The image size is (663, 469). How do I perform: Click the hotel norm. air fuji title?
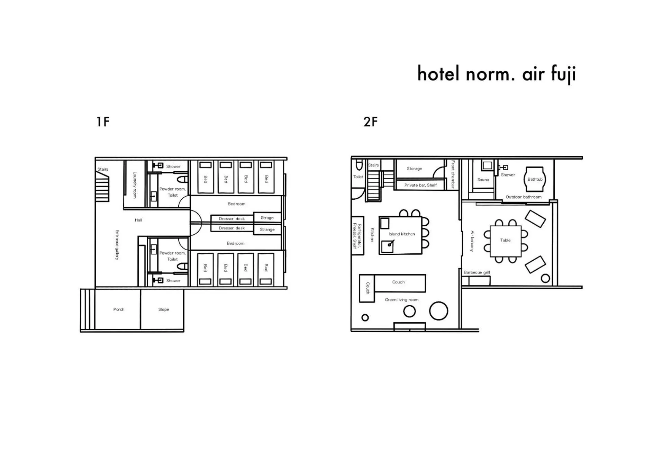click(496, 74)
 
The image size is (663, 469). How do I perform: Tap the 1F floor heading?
click(103, 122)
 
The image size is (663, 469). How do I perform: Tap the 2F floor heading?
click(370, 122)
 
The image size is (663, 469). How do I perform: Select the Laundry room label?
click(135, 185)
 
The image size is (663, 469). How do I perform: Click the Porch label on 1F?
click(119, 309)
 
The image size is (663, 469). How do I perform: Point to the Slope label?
click(163, 309)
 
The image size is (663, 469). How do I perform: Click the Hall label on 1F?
click(138, 220)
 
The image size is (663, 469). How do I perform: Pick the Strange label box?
click(267, 229)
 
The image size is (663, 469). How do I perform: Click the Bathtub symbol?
click(535, 179)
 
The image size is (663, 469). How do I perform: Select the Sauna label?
click(483, 180)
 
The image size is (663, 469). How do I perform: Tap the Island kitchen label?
click(401, 234)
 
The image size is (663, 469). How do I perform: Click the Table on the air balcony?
click(505, 241)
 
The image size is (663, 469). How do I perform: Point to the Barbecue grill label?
click(476, 272)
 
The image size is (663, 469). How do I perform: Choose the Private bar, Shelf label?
click(420, 185)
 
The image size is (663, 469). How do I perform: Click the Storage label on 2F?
click(414, 169)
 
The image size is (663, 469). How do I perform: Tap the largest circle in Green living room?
click(438, 311)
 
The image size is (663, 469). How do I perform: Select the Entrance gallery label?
click(117, 244)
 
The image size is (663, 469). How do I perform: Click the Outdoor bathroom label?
click(523, 197)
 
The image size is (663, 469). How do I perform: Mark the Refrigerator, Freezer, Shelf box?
click(357, 235)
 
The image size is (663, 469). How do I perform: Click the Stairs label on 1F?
click(102, 169)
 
